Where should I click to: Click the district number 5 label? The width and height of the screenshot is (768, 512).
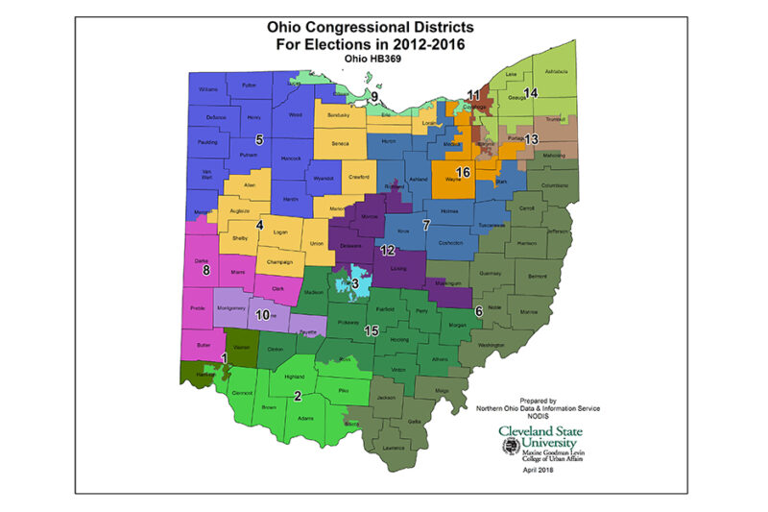[x=259, y=140]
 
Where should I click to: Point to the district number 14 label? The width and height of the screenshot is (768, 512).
[x=530, y=92]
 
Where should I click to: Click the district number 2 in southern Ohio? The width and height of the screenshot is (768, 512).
[x=298, y=396]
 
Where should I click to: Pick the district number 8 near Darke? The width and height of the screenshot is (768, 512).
[x=205, y=271]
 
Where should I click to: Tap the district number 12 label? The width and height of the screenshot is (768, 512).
[x=387, y=250]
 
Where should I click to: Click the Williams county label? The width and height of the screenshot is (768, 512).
[x=208, y=89]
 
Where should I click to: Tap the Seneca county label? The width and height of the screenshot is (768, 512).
[x=340, y=144]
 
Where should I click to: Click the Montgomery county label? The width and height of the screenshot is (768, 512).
[x=231, y=307]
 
